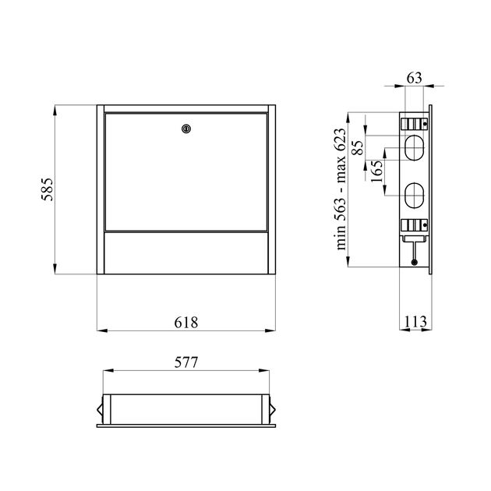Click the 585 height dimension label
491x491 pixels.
tap(48, 189)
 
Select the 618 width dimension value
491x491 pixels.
tap(186, 323)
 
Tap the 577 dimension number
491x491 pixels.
tap(186, 362)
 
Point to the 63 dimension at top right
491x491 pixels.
tap(415, 78)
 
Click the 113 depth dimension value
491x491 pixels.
tap(415, 322)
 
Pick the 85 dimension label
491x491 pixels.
tap(358, 147)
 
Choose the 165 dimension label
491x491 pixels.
tap(376, 171)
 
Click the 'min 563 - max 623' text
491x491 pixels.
tap(341, 189)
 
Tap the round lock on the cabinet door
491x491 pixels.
tap(186, 129)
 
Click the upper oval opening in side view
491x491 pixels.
tap(415, 147)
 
